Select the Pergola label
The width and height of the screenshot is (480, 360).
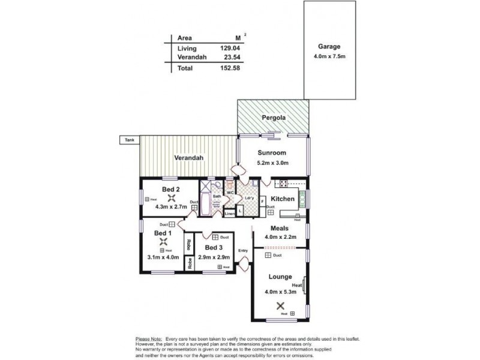pyautogui.click(x=273, y=118)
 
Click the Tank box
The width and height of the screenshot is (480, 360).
pyautogui.click(x=129, y=140)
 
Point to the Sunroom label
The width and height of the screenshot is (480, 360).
pyautogui.click(x=273, y=152)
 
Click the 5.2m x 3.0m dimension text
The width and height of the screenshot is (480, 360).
pyautogui.click(x=273, y=163)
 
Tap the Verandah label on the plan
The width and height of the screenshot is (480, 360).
pyautogui.click(x=189, y=158)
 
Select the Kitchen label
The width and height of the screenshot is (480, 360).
pyautogui.click(x=283, y=199)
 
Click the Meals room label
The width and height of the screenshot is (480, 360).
pyautogui.click(x=280, y=228)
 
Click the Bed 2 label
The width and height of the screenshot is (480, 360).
pyautogui.click(x=163, y=190)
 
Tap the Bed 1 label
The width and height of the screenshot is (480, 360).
pyautogui.click(x=163, y=233)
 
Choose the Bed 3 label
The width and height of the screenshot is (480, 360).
pyautogui.click(x=214, y=247)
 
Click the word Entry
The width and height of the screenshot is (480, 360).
pyautogui.click(x=243, y=251)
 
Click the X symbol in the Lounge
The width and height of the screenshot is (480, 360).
pyautogui.click(x=281, y=305)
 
